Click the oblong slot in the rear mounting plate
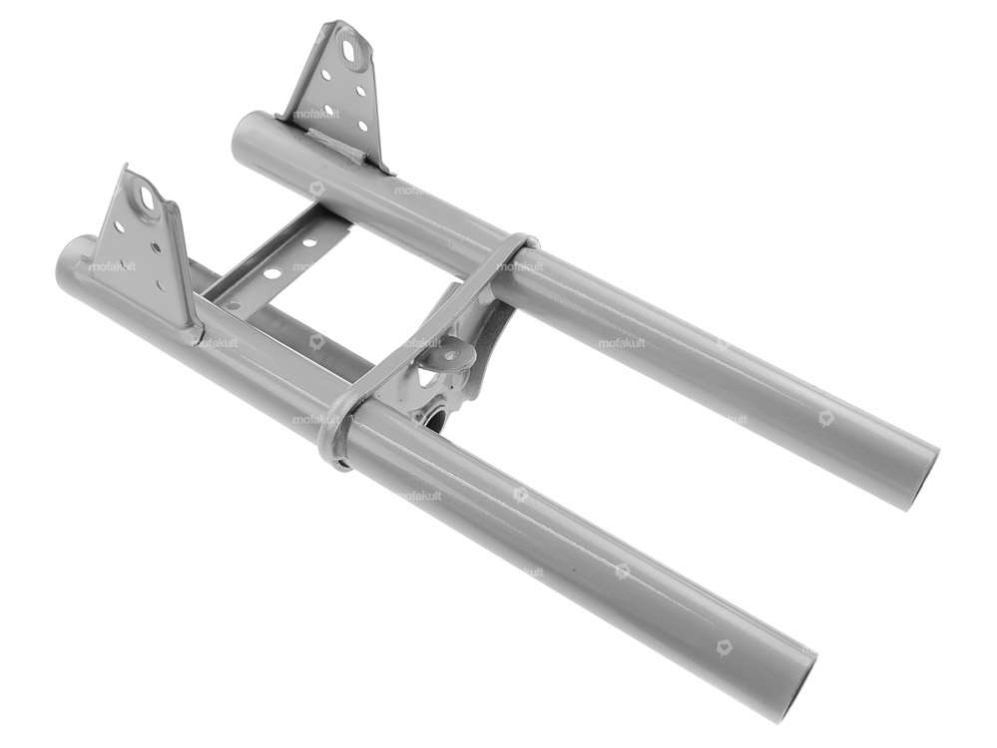[x=352, y=45]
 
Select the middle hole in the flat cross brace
[x=271, y=272]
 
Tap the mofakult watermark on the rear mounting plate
[x=316, y=114]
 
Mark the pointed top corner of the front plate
[x=126, y=168]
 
